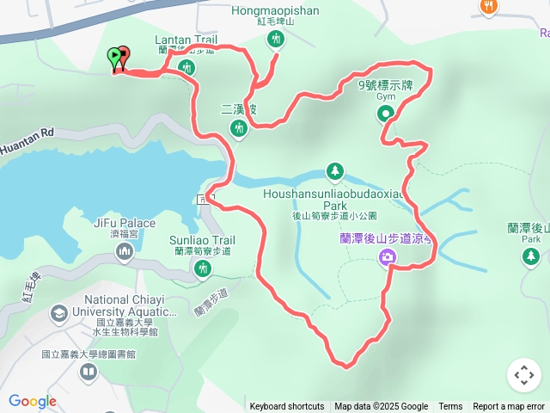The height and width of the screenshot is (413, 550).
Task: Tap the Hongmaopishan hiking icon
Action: tap(275, 39)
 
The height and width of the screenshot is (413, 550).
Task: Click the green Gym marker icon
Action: tap(385, 113)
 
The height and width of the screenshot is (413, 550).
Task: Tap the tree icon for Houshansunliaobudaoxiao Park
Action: tap(335, 170)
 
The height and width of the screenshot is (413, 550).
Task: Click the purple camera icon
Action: tap(388, 256)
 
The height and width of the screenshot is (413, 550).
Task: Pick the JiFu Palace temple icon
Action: tap(124, 250)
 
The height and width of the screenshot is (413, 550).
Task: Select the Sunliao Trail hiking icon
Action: tap(203, 269)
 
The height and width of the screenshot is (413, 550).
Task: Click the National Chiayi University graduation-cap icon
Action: tap(59, 312)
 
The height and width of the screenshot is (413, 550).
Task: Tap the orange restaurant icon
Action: tap(489, 7)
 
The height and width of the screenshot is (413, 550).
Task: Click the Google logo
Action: tap(33, 402)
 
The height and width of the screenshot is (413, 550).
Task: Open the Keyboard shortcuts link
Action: tap(287, 407)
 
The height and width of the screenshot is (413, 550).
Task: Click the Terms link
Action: tap(450, 407)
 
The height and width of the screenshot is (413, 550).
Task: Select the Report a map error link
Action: tap(509, 407)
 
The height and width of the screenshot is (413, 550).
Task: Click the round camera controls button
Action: tap(524, 375)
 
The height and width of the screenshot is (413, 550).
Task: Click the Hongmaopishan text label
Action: tap(275, 11)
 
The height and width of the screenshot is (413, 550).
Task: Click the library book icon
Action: tap(88, 372)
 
